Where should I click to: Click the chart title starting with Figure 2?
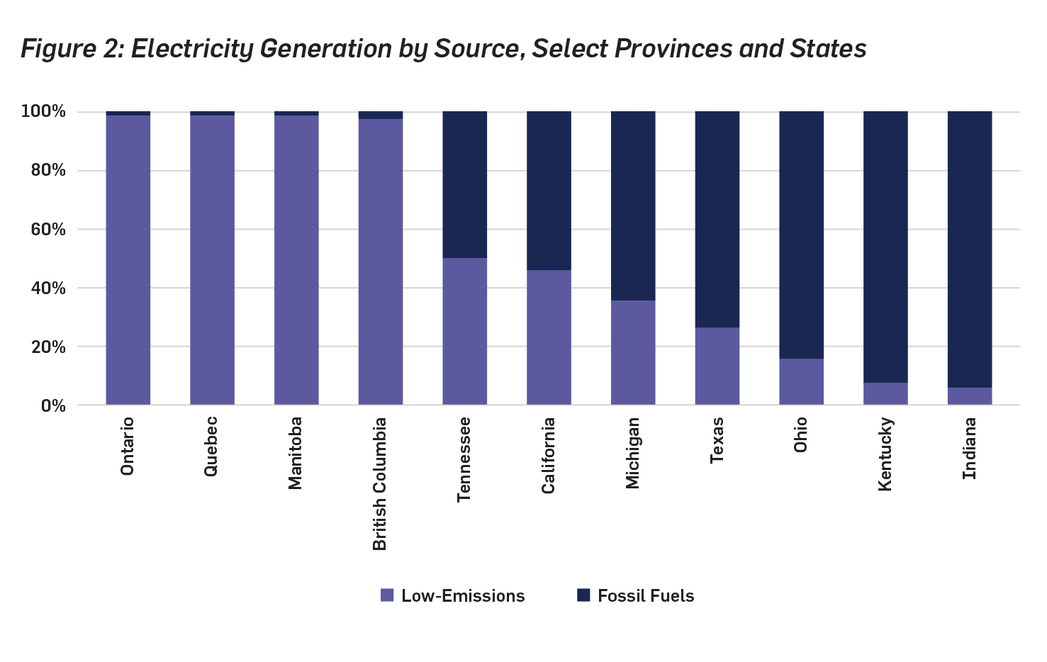click(x=443, y=49)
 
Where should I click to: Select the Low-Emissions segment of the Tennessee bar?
click(x=464, y=331)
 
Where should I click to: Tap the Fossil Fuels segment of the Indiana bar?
click(x=969, y=249)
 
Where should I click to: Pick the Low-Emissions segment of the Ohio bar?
click(x=801, y=382)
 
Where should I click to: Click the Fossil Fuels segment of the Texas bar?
click(x=717, y=219)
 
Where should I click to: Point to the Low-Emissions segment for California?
click(x=549, y=337)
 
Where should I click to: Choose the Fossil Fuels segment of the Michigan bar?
click(x=633, y=206)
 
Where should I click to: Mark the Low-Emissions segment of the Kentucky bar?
click(x=885, y=394)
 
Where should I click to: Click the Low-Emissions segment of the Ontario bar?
click(x=128, y=259)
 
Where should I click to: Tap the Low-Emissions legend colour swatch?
click(x=387, y=595)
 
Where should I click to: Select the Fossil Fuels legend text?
click(x=646, y=596)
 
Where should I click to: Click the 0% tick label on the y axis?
click(x=53, y=406)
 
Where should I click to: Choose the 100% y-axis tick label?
click(x=44, y=112)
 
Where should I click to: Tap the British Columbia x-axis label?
click(x=380, y=483)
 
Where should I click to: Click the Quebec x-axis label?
click(x=211, y=446)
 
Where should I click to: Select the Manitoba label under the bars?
click(x=296, y=453)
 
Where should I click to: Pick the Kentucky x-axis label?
click(x=885, y=454)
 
